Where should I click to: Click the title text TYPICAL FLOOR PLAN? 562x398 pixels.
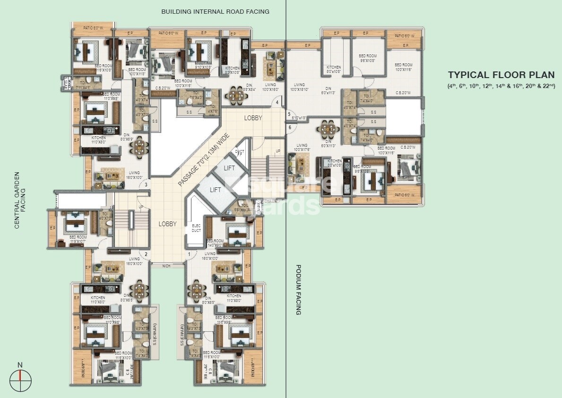[501, 75]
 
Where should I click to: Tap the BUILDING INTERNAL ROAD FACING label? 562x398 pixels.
[215, 11]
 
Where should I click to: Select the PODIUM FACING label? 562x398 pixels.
[298, 290]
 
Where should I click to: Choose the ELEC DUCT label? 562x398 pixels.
[196, 228]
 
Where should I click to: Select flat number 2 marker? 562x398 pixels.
[147, 255]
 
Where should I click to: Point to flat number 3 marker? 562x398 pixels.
[147, 185]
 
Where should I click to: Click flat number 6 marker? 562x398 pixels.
[289, 127]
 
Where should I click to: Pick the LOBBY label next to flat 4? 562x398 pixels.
[253, 118]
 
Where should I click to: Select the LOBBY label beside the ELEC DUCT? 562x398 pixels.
[167, 224]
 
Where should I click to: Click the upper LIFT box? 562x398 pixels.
[229, 168]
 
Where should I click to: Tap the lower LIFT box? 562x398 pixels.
[215, 190]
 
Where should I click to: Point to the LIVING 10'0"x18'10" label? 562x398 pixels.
[300, 87]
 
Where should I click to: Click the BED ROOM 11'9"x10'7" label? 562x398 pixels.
[78, 239]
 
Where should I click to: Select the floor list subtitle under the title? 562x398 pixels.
[501, 86]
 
